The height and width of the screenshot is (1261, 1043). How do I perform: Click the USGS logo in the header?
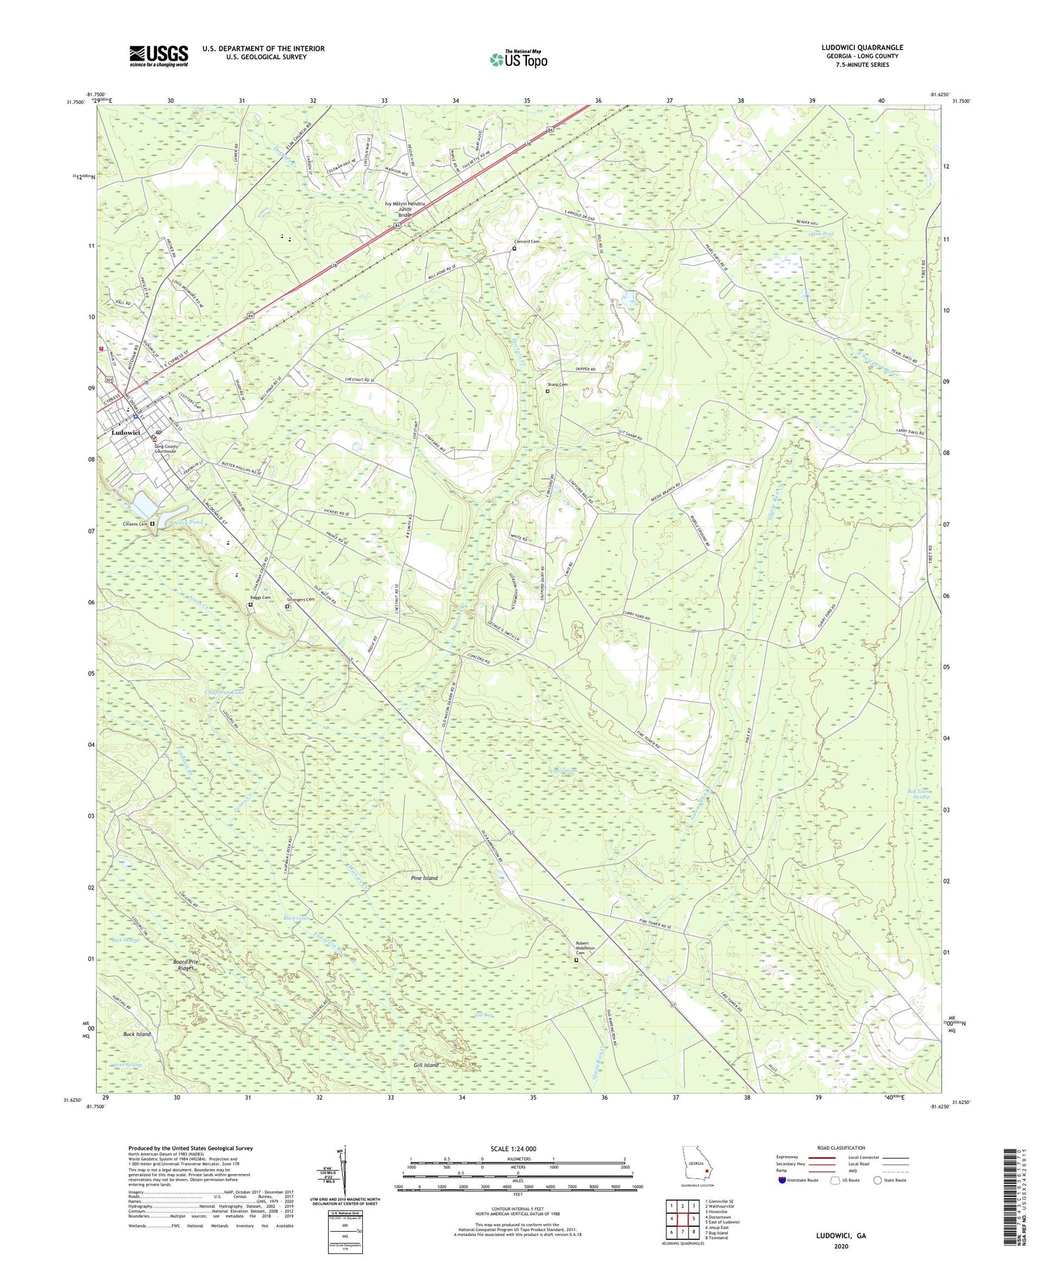[x=159, y=56]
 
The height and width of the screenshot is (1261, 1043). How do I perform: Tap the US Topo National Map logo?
[x=518, y=59]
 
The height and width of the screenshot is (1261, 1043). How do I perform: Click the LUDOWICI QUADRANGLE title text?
[x=862, y=47]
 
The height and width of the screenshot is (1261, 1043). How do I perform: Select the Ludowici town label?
[x=126, y=433]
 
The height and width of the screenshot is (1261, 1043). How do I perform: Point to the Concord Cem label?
[x=526, y=241]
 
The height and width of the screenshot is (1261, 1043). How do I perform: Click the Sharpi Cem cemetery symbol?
[x=547, y=392]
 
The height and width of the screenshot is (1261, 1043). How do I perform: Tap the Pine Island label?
[x=424, y=878]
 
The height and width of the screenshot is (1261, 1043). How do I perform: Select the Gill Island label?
[x=426, y=1065]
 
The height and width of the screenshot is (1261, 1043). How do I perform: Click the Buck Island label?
[x=137, y=1034]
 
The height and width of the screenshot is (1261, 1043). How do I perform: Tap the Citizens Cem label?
[x=136, y=524]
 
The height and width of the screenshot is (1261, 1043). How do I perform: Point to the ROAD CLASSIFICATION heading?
[x=841, y=1148]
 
